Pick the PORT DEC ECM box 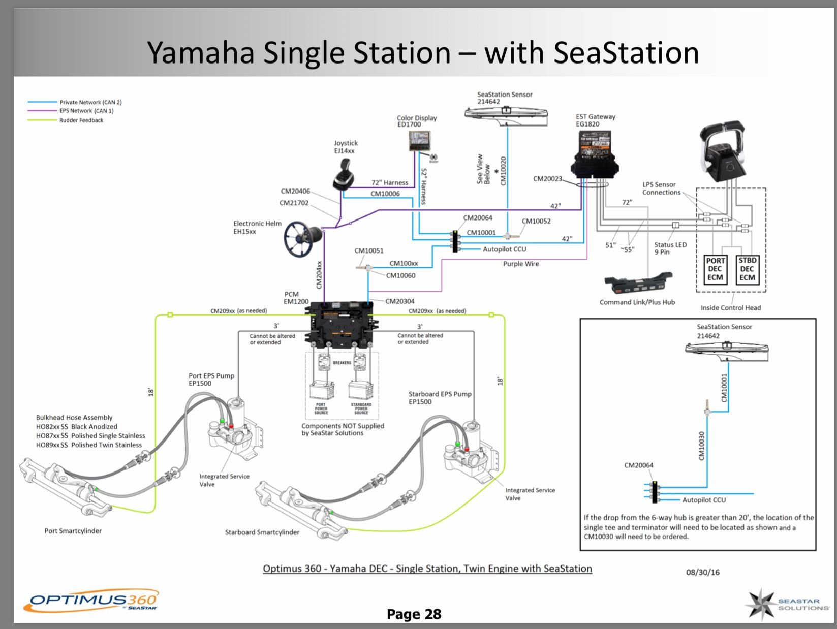(715, 269)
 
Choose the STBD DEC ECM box (747, 269)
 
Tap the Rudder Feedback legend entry (81, 120)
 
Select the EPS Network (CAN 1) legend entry (86, 111)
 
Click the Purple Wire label (521, 264)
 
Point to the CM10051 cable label (369, 250)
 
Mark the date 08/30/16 (703, 572)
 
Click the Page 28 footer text (414, 614)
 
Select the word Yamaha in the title (201, 52)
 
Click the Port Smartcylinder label (73, 531)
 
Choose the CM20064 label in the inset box (639, 465)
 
